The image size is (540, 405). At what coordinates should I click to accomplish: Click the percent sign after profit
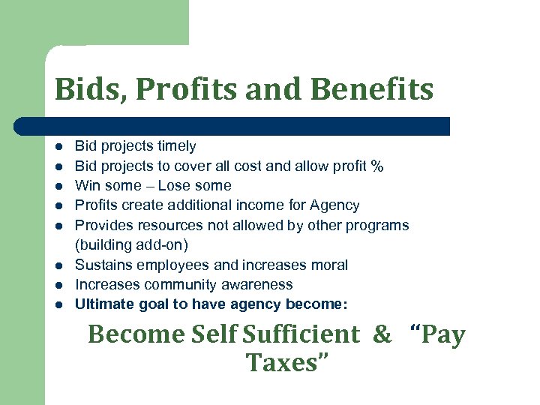coord(377,166)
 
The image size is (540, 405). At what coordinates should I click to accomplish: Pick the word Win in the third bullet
coord(87,185)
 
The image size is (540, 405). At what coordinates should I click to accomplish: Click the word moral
coord(329,265)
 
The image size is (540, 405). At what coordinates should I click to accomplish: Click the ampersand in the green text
coord(382,334)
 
